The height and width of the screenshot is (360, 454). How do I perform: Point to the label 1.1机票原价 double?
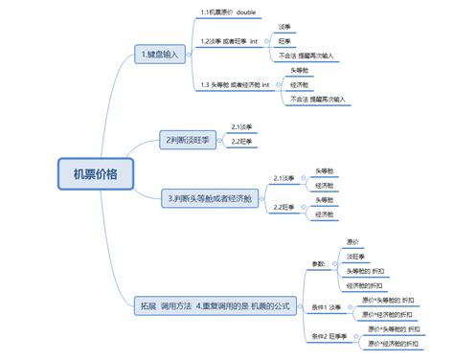point(227,11)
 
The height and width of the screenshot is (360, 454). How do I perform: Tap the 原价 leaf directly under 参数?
point(353,241)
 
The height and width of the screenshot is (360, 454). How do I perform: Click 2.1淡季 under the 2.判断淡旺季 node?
point(241,126)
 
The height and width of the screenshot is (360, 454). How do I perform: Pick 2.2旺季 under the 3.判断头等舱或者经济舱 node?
point(283,207)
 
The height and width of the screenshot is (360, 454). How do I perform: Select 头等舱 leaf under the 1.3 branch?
point(299,70)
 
